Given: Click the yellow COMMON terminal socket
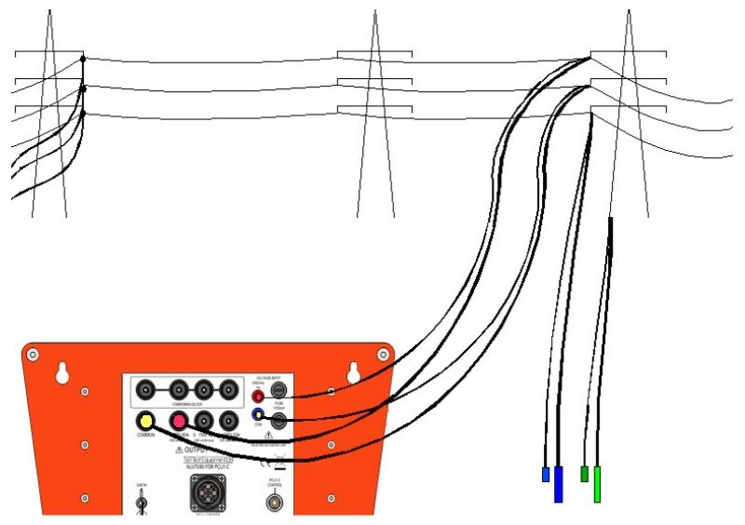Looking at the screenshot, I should (144, 420).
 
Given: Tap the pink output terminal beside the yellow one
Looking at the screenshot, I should (178, 421).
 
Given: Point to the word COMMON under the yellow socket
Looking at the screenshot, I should (144, 437).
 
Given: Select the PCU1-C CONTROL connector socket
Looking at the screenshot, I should (275, 504).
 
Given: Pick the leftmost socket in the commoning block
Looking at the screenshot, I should (146, 389).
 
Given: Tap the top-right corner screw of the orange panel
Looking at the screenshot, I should (381, 356).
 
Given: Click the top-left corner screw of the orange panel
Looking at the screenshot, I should (34, 356).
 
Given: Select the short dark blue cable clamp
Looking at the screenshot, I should (546, 475).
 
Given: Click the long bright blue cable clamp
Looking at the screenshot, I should (558, 484).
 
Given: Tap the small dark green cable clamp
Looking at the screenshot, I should (584, 474).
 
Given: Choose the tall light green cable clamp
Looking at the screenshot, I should (597, 484).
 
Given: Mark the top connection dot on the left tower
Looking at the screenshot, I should (83, 61).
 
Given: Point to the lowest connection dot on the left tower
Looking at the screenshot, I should (83, 113).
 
